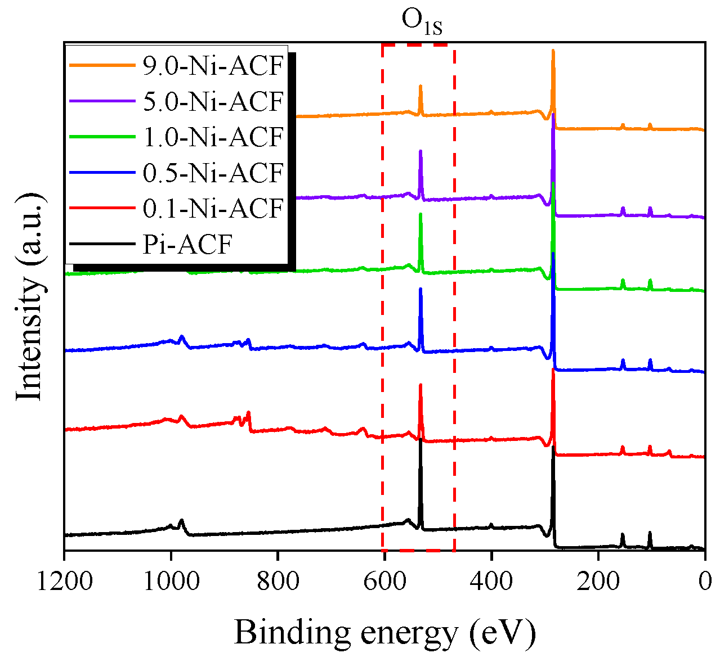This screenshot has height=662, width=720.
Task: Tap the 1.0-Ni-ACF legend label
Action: tap(212, 137)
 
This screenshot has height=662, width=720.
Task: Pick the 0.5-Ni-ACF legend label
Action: tap(212, 173)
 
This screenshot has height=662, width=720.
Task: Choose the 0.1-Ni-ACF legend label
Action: tap(212, 208)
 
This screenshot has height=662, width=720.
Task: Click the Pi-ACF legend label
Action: tap(187, 244)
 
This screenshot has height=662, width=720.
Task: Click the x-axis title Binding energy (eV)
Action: tap(384, 632)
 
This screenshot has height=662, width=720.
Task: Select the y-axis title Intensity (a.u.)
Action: tap(29, 297)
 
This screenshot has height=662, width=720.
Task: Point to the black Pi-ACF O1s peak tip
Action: tap(421, 439)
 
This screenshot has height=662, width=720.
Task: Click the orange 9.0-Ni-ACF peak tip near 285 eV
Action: tap(553, 51)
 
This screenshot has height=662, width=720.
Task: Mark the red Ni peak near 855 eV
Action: tap(248, 413)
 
